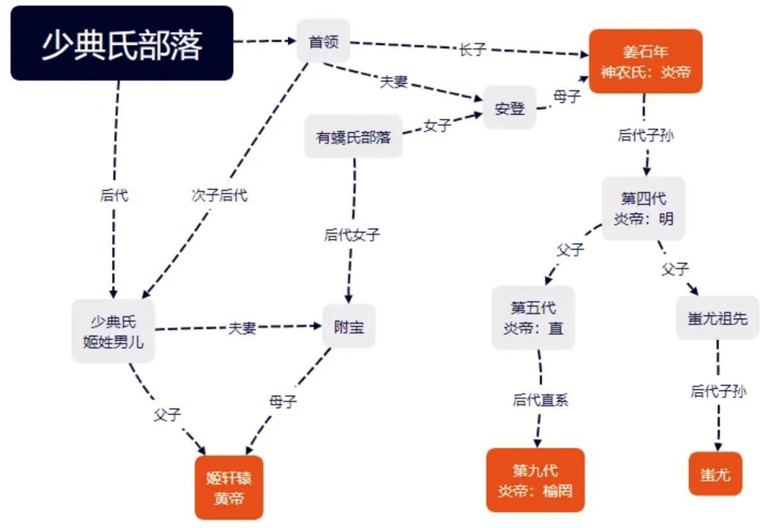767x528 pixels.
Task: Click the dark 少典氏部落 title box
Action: click(121, 43)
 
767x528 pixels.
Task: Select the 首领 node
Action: click(323, 42)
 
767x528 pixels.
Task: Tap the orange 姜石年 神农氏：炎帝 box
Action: click(646, 61)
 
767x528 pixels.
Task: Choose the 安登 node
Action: click(509, 108)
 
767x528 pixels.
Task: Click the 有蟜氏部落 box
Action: click(353, 137)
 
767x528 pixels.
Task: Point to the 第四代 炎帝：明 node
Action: click(644, 208)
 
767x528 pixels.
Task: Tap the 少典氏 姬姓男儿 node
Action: click(113, 331)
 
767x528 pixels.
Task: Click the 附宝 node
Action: click(349, 327)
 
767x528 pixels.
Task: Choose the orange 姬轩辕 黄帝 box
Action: click(229, 487)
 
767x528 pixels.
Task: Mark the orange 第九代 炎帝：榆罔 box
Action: click(535, 480)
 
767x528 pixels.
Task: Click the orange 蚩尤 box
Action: click(715, 474)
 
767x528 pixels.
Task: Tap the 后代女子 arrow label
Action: click(352, 235)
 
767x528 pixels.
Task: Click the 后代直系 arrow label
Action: click(540, 400)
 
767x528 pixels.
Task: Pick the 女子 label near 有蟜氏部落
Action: click(437, 126)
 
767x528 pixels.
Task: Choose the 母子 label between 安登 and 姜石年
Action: click(566, 97)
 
